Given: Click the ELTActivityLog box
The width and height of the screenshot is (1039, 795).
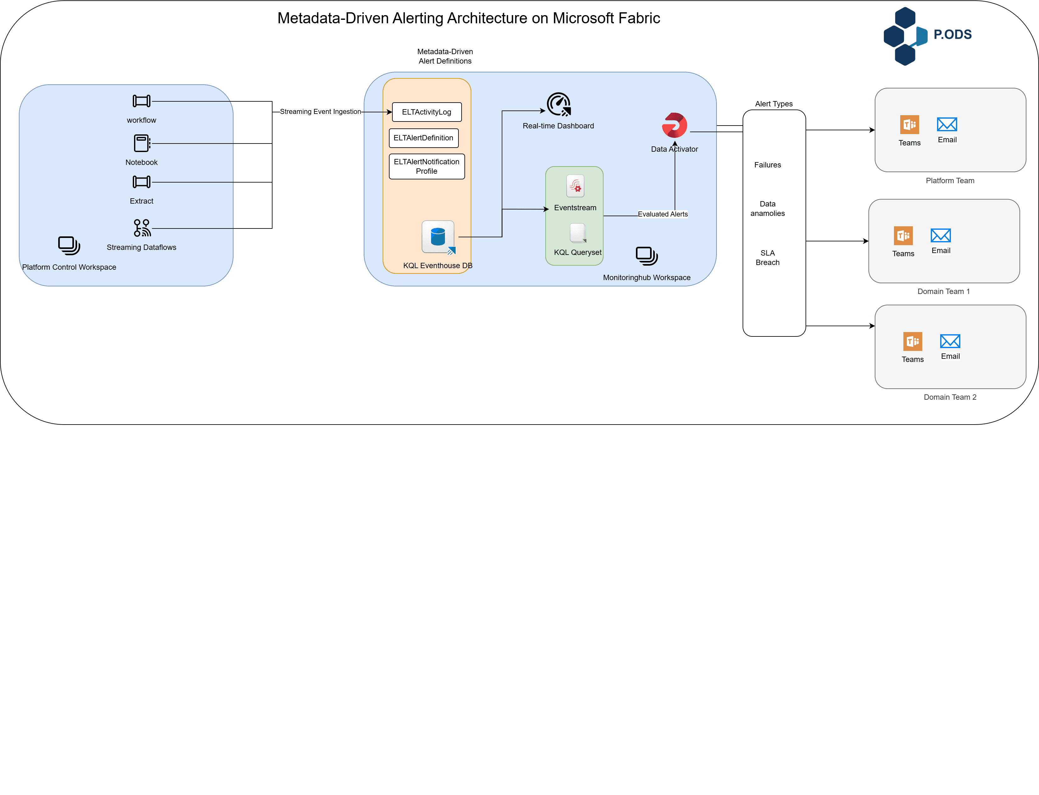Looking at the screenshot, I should pos(426,112).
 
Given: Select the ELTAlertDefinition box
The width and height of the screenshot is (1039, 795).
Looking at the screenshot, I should pos(424,138).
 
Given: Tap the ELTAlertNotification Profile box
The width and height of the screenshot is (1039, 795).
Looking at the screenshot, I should pos(426,166).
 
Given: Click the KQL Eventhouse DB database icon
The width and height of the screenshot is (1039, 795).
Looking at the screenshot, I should pos(438,237).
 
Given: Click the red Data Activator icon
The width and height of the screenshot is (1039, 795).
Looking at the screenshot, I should pos(674,125).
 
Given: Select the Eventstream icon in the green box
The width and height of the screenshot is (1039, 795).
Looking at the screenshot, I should pos(575,186).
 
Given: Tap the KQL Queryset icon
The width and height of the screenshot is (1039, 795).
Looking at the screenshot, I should pos(578,233).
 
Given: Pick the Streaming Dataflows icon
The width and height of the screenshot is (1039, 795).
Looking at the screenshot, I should pos(142,228).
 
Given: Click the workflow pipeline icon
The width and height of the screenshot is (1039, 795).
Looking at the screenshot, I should pos(142,101).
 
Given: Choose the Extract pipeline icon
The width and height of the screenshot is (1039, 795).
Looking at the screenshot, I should pos(142,182).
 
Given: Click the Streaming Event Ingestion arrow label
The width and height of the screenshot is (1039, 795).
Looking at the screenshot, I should pos(320,112).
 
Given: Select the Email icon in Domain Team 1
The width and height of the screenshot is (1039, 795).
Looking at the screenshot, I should pos(940,235).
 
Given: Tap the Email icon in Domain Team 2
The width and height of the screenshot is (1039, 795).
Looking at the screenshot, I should pos(950,341).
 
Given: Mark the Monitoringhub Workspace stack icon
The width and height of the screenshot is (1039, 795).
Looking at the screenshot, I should pos(646,256).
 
